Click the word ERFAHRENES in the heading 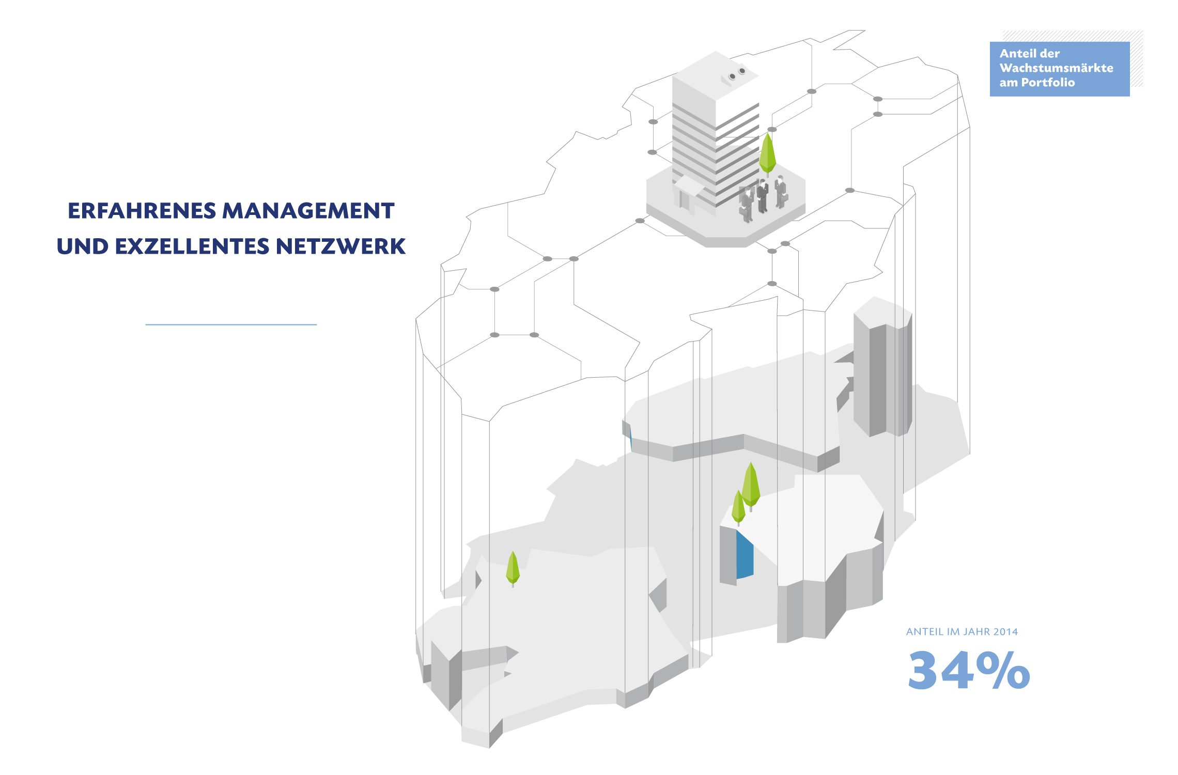point(142,211)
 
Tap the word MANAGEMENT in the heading point(308,211)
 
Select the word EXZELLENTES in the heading point(192,246)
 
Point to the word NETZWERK point(341,246)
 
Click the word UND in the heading point(83,246)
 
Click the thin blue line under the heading point(231,324)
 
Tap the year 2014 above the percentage point(1005,632)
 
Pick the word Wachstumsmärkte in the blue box point(1057,68)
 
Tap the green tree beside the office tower point(768,153)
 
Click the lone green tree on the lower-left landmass point(513,568)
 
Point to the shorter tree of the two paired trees point(738,507)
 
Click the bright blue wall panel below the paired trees point(745,555)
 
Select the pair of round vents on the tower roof point(737,73)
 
